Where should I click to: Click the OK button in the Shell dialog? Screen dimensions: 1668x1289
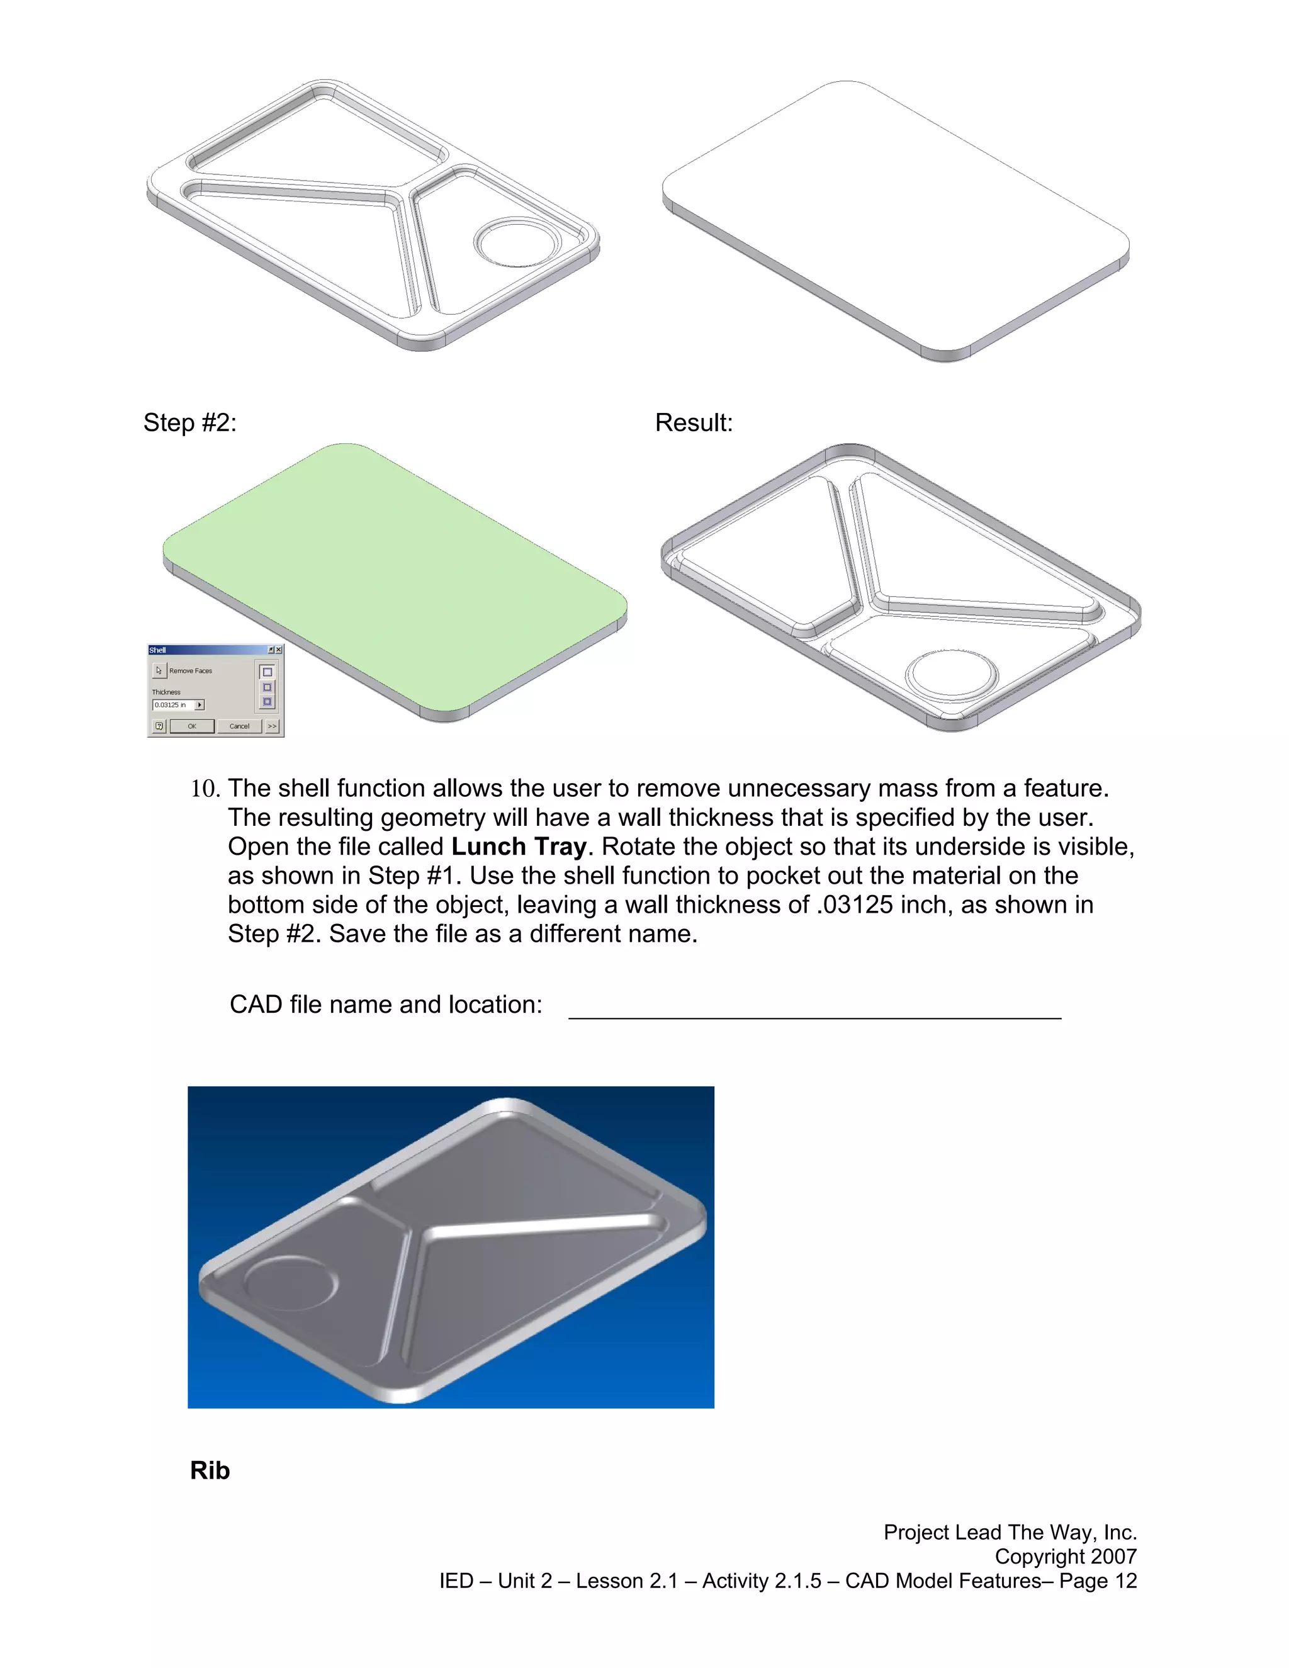(x=193, y=726)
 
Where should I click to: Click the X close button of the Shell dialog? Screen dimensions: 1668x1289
(x=279, y=650)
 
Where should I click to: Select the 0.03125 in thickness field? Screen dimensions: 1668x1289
(x=173, y=705)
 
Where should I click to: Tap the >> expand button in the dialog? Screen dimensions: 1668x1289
(x=273, y=726)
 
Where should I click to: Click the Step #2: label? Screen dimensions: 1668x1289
(x=190, y=423)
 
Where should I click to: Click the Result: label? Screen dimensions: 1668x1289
(x=694, y=423)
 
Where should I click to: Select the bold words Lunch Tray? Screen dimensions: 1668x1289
(x=519, y=847)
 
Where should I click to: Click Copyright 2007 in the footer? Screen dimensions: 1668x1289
(x=1066, y=1557)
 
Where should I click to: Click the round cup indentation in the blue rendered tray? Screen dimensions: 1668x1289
(x=291, y=1283)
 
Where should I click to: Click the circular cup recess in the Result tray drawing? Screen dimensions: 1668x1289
(x=952, y=673)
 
